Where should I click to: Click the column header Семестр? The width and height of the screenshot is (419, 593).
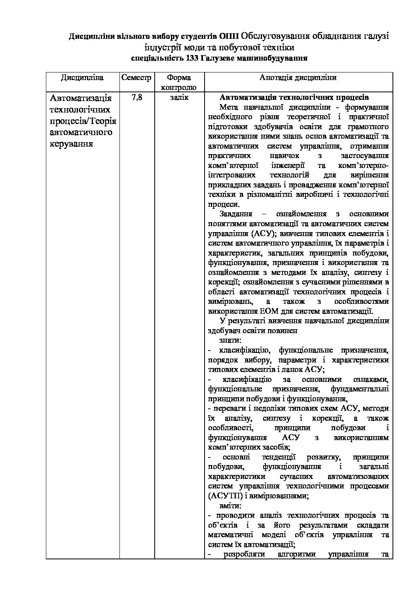click(136, 78)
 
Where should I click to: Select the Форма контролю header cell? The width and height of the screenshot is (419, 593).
click(179, 82)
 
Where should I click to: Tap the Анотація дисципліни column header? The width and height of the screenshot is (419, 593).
click(298, 78)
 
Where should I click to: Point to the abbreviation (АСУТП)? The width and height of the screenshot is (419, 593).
click(224, 496)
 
